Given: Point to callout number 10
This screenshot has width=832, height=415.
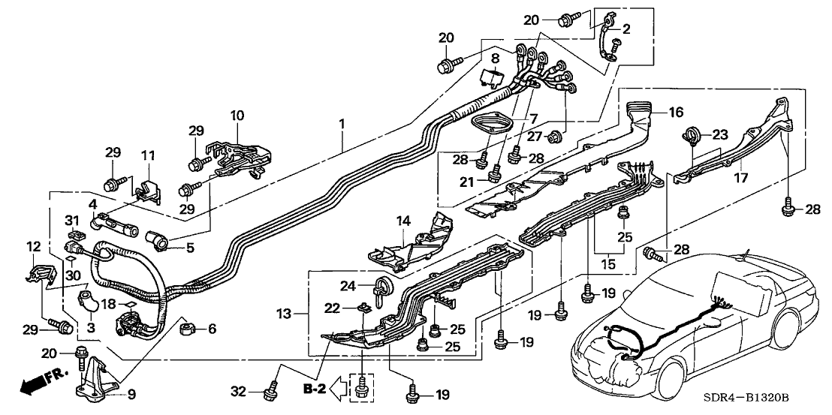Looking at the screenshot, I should [x=237, y=116].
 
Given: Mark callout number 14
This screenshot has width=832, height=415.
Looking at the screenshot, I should [x=403, y=221].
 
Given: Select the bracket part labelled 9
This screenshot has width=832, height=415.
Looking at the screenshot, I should [x=94, y=378].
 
